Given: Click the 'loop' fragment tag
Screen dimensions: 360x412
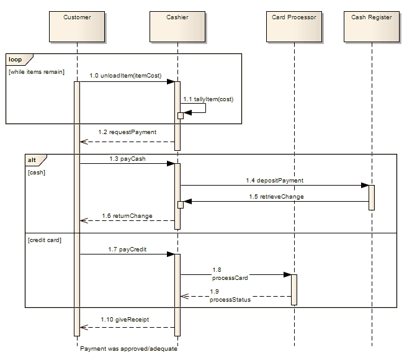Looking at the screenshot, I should [x=16, y=60].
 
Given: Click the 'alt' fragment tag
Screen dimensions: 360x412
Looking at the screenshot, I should [x=32, y=160].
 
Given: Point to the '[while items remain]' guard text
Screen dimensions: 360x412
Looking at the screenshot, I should [x=36, y=72].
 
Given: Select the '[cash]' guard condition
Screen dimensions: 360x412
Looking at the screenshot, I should [x=37, y=172].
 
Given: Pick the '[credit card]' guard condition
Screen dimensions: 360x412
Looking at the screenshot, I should [x=45, y=240].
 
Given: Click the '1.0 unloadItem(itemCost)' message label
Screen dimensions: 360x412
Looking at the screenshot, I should [x=125, y=76].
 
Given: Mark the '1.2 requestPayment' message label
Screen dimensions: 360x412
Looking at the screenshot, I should [x=127, y=132].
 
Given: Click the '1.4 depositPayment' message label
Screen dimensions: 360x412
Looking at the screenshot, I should [x=274, y=180].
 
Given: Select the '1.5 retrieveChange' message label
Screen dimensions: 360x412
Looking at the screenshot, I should [x=274, y=197].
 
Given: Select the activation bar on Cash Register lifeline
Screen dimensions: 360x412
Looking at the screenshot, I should [x=372, y=197].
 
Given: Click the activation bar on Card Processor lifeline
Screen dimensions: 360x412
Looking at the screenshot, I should [x=294, y=289].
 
